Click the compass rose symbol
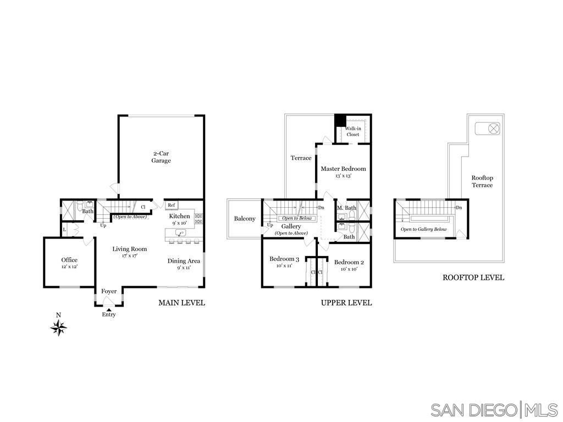coord(59,328)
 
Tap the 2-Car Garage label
coord(162,157)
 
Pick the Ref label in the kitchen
coord(172,205)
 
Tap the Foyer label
coord(109,291)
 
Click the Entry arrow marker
coord(109,310)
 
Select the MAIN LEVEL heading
coord(181,303)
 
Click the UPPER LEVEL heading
coord(346,303)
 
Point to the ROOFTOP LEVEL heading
coord(473,278)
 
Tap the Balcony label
coord(245,219)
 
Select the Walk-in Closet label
coord(353,131)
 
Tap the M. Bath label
coord(347,208)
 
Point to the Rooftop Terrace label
coord(482,181)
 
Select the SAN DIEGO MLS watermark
coord(494,409)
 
